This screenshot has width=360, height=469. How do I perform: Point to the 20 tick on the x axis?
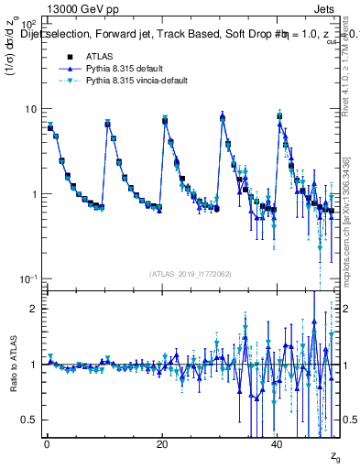pos(162,446)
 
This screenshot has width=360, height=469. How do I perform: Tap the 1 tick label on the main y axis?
pos(35,194)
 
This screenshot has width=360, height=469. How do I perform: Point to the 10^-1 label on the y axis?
pos(29,278)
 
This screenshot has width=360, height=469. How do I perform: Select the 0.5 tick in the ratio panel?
pos(30,420)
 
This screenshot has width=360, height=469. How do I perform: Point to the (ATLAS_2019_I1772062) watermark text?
pos(190,274)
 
